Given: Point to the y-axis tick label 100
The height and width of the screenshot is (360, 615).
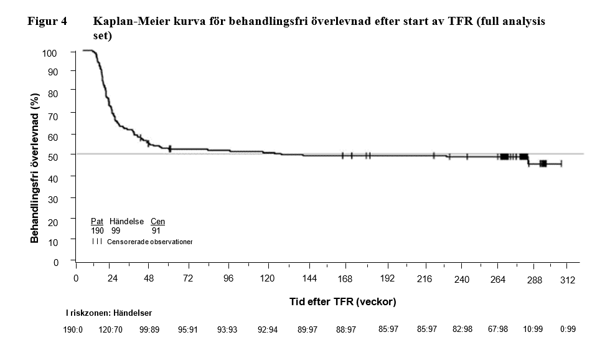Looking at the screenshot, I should click(x=50, y=53).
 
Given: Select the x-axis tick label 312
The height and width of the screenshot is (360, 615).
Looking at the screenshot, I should click(x=568, y=280).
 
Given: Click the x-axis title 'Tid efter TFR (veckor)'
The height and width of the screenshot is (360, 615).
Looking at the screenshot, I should click(x=343, y=301).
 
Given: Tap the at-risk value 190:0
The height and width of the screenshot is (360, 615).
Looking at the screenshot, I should click(x=74, y=329).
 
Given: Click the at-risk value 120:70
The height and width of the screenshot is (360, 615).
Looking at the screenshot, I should click(x=110, y=329).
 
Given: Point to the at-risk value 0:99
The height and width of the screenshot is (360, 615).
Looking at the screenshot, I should click(x=567, y=329).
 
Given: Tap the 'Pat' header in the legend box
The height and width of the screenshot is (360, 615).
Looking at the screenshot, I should click(x=97, y=222).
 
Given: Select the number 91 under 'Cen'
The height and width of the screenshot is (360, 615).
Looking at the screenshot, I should click(x=156, y=230).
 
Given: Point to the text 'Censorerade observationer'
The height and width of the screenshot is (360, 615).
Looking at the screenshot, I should click(x=150, y=240).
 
